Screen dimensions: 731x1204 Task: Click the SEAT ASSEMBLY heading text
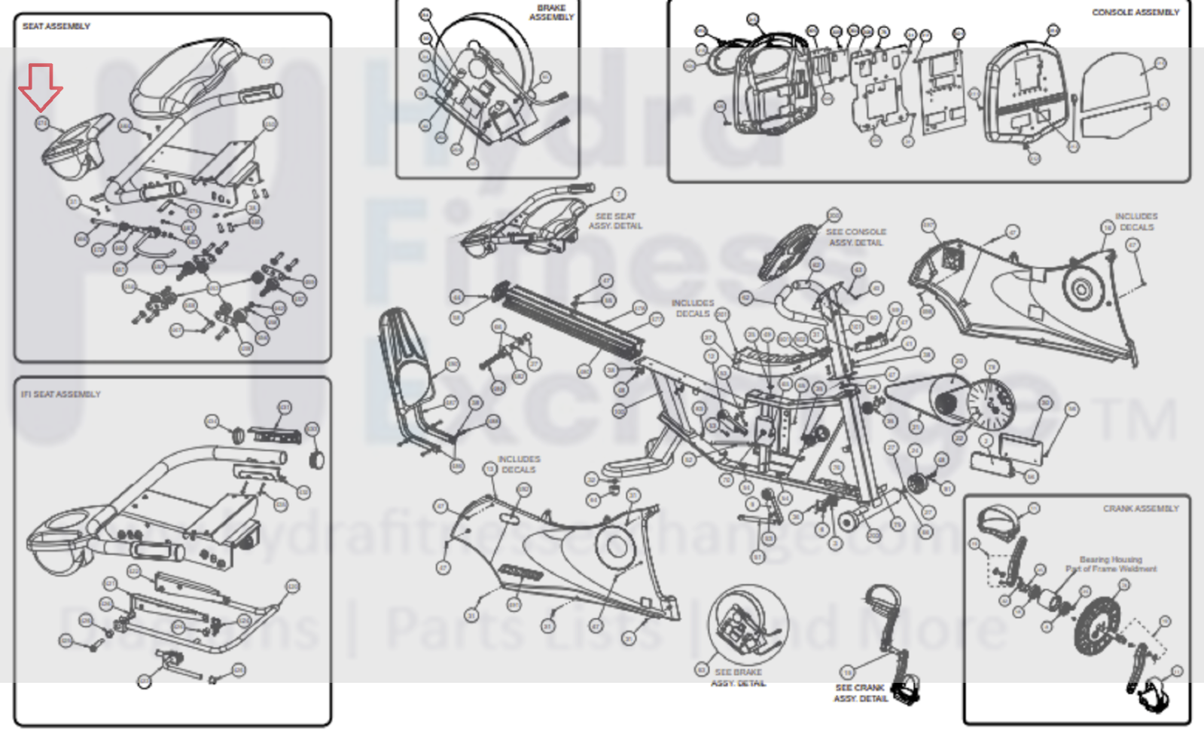(x=56, y=26)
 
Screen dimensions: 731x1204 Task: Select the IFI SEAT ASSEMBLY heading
(x=61, y=394)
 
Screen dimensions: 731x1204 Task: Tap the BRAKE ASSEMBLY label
(x=552, y=13)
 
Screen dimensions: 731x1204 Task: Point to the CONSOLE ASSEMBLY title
(x=1135, y=13)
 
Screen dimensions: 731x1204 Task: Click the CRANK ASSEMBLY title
(x=1141, y=509)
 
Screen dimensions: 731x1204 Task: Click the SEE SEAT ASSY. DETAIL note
(x=615, y=221)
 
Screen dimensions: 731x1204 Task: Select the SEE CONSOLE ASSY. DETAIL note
(x=856, y=237)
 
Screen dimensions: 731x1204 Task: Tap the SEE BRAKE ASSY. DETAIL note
(x=738, y=677)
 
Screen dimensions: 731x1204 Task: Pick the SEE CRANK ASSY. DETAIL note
(x=861, y=693)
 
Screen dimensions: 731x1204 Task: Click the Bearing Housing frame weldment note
(x=1111, y=564)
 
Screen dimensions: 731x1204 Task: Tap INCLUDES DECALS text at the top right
(x=1135, y=222)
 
